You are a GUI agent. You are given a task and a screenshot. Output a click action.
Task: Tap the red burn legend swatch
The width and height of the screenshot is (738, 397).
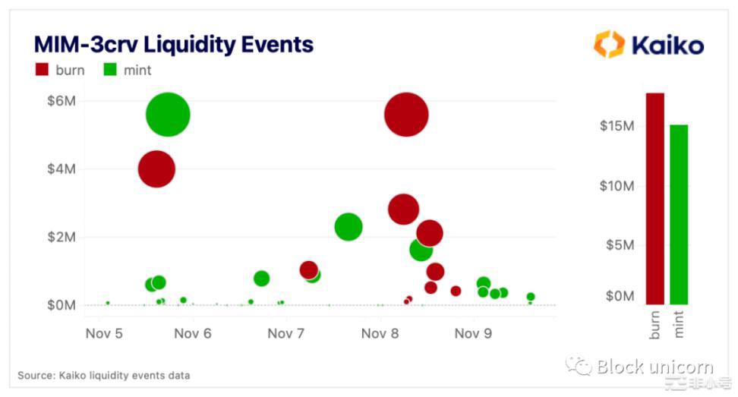pyautogui.click(x=43, y=71)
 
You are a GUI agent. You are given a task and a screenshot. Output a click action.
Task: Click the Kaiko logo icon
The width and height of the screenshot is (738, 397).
pyautogui.click(x=609, y=44)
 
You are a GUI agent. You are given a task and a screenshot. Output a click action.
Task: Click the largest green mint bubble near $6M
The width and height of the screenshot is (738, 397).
pyautogui.click(x=167, y=115)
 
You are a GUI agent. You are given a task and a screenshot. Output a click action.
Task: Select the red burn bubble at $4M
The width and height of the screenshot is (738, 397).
pyautogui.click(x=156, y=169)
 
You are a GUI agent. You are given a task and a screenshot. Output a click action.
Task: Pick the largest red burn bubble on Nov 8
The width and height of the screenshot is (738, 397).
pyautogui.click(x=406, y=115)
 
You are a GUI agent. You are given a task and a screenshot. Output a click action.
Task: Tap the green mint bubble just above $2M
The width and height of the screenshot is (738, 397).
pyautogui.click(x=348, y=226)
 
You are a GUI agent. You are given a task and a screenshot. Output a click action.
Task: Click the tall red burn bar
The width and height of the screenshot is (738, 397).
pyautogui.click(x=654, y=197)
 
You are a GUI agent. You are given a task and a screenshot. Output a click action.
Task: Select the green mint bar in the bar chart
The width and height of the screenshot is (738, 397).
pyautogui.click(x=679, y=213)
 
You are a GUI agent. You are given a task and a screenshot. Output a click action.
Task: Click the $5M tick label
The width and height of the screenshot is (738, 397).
pyautogui.click(x=620, y=244)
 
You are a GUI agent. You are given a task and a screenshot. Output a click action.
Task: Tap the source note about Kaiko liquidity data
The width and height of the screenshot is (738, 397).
pyautogui.click(x=104, y=375)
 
